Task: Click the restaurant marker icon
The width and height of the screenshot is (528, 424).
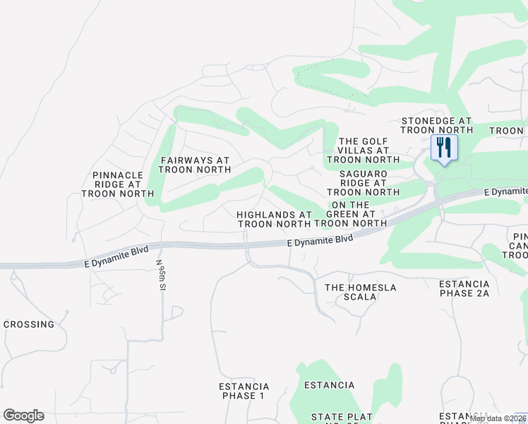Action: [444, 148]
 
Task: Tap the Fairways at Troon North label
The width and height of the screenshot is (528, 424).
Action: [194, 165]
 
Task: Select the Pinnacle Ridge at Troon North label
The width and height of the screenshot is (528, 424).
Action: [123, 184]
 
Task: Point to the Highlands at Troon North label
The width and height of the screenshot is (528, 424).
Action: [274, 219]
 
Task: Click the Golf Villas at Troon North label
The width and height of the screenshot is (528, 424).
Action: [364, 151]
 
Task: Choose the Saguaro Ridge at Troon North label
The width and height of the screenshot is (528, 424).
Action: [364, 182]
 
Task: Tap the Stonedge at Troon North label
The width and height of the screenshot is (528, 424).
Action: [436, 126]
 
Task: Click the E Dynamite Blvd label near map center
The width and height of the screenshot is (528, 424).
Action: [320, 240]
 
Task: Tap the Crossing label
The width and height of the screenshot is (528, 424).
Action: [29, 324]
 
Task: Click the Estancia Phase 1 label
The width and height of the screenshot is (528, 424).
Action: [244, 391]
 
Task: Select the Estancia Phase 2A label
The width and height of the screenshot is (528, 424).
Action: [464, 288]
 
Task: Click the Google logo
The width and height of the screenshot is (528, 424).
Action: [23, 416]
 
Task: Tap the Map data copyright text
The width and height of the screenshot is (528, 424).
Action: [498, 418]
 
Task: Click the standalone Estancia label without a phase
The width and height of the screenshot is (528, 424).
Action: [329, 385]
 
